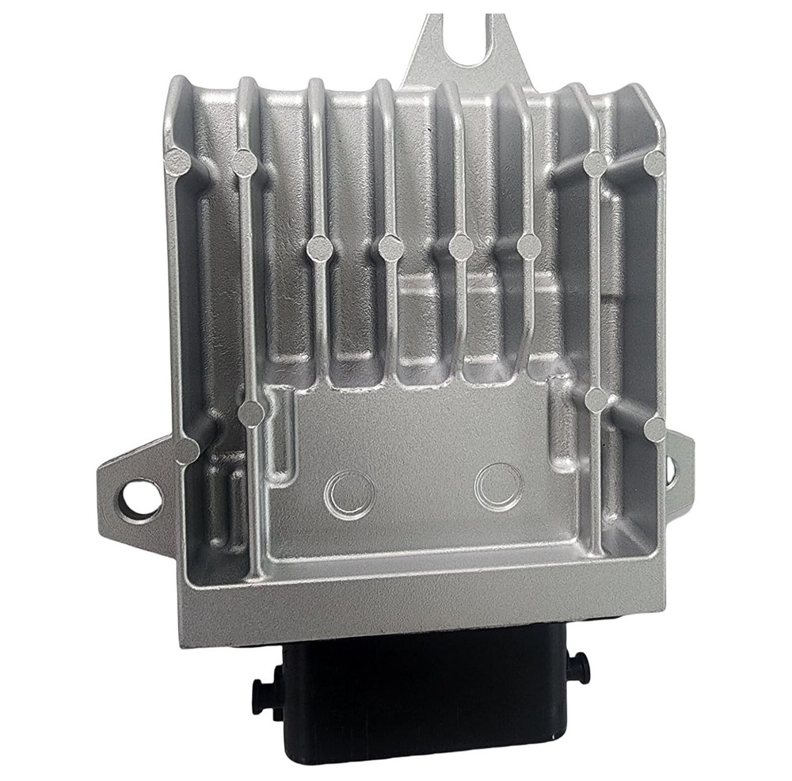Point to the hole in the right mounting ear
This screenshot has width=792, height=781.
point(671,470)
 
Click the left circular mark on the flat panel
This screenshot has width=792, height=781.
point(348,495)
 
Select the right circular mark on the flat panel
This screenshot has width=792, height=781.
point(498,486)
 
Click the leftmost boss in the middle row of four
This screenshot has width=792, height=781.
point(319,248)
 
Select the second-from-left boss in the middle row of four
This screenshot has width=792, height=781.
point(390,248)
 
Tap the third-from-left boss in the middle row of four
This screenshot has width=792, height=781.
point(461,247)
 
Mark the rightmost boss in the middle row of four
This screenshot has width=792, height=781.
point(529,246)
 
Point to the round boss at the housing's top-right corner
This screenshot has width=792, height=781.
point(654,163)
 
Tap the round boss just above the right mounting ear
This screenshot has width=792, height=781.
point(655,429)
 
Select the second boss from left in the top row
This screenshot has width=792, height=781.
point(245,163)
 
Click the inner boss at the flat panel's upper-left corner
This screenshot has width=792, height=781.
point(252,413)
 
